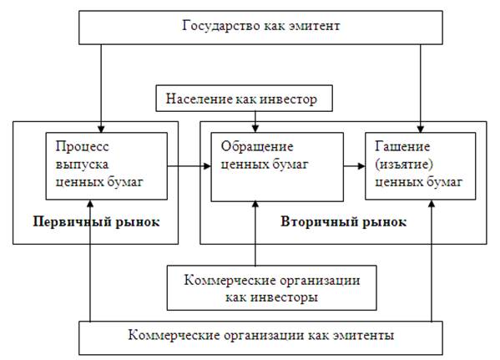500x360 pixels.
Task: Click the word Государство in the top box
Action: coord(221,26)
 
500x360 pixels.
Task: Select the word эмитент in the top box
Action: coord(315,26)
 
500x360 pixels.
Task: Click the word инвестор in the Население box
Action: coord(289,99)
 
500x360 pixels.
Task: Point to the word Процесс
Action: coord(83,147)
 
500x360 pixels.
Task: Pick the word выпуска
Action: coord(83,165)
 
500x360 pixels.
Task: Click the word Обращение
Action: coord(257,147)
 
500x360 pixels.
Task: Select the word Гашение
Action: coord(402,146)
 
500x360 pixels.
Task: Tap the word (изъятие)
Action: coord(404,165)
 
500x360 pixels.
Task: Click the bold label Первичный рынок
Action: coord(96,222)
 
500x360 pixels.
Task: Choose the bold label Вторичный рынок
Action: coord(343,222)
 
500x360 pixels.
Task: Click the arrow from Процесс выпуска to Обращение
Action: coord(189,166)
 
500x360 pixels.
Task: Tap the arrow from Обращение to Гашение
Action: coord(354,166)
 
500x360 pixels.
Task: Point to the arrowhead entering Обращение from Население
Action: coord(255,129)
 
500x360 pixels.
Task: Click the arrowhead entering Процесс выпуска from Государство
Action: coord(101,129)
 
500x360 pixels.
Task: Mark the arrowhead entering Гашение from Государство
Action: coord(420,129)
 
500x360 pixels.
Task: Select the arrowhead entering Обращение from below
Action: coord(255,205)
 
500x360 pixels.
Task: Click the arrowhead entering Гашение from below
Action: coord(432,204)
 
